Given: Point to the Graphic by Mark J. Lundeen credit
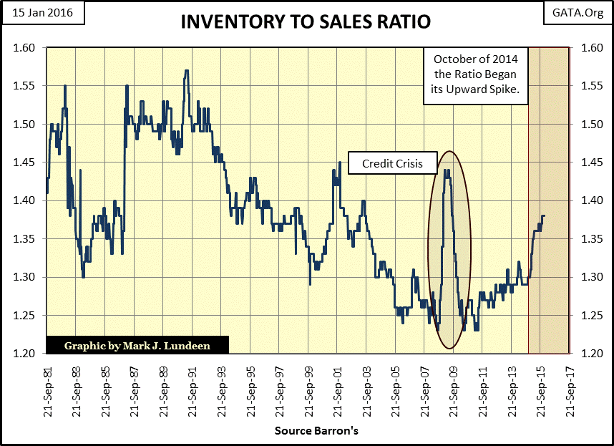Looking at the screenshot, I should pyautogui.click(x=137, y=345).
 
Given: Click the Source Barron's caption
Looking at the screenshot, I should pyautogui.click(x=306, y=431).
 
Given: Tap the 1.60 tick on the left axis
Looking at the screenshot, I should pyautogui.click(x=24, y=48).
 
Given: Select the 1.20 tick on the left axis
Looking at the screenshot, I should pyautogui.click(x=24, y=354).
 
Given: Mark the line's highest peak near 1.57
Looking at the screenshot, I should pyautogui.click(x=186, y=71).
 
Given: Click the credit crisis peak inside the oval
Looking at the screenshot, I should pyautogui.click(x=447, y=170).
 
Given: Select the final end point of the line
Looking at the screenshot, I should pyautogui.click(x=545, y=215).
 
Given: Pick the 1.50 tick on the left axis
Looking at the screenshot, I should pyautogui.click(x=24, y=125).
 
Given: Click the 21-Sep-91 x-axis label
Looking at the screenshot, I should pyautogui.click(x=193, y=386).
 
